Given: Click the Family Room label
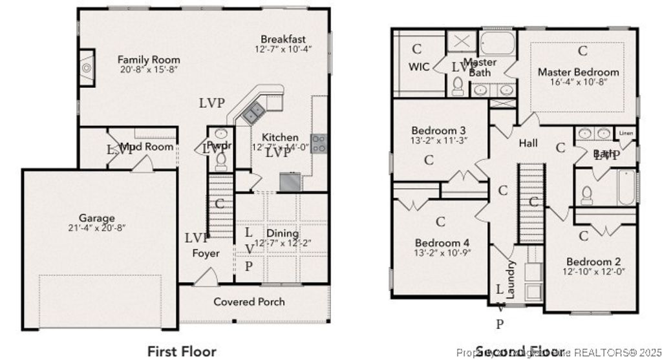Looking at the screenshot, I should coord(149,60).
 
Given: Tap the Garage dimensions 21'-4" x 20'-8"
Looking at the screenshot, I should coord(97,228).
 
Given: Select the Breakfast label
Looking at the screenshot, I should coord(283,39).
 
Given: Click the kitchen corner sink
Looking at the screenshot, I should coord(252,114).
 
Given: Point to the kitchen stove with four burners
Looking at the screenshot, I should coord(319,143).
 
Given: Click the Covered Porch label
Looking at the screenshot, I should coord(249,301).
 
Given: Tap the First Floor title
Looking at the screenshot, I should coord(182,351).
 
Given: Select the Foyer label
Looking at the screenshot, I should coord(206,253).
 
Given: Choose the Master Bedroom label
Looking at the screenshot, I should coord(578,72).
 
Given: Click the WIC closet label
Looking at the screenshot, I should coord(419,67).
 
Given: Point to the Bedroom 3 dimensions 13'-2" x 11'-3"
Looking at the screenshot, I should coord(439,140).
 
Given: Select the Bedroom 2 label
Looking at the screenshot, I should coord(593,262).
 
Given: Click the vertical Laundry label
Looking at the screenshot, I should coord(511,279).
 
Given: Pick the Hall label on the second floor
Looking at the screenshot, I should coord(528,143).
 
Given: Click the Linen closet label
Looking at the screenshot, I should coord(626,133).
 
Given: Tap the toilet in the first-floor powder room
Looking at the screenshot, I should coord(220,159).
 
